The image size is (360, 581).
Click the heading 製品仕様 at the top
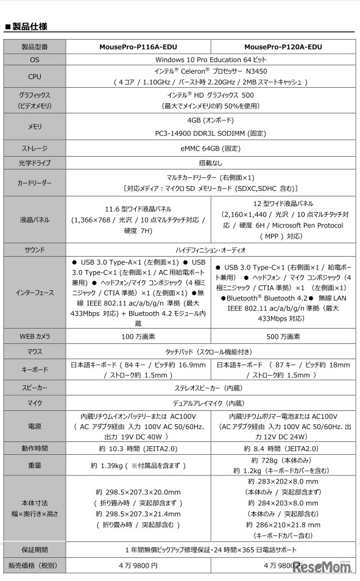pos(30,26)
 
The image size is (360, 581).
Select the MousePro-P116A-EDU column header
pos(137,47)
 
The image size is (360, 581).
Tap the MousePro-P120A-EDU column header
pos(283,47)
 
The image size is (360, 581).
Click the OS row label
pos(35,60)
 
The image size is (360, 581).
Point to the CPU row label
pos(35,77)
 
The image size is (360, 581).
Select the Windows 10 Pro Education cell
pos(210,60)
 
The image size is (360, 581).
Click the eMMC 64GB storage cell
pos(210,148)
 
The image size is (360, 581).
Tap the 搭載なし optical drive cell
pos(210,163)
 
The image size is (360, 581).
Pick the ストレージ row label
pos(35,148)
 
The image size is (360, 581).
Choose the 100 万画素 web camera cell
pos(137,337)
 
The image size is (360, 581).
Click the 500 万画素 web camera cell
pos(283,337)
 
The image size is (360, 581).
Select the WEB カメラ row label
pos(35,337)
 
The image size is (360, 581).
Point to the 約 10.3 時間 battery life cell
pos(137,449)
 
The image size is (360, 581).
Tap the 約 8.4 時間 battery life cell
pos(283,449)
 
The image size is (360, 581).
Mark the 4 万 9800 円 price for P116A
pos(137,565)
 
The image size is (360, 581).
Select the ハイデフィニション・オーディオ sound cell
pos(210,250)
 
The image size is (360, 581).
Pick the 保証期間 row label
pos(35,549)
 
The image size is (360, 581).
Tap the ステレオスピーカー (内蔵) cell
pos(210,388)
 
